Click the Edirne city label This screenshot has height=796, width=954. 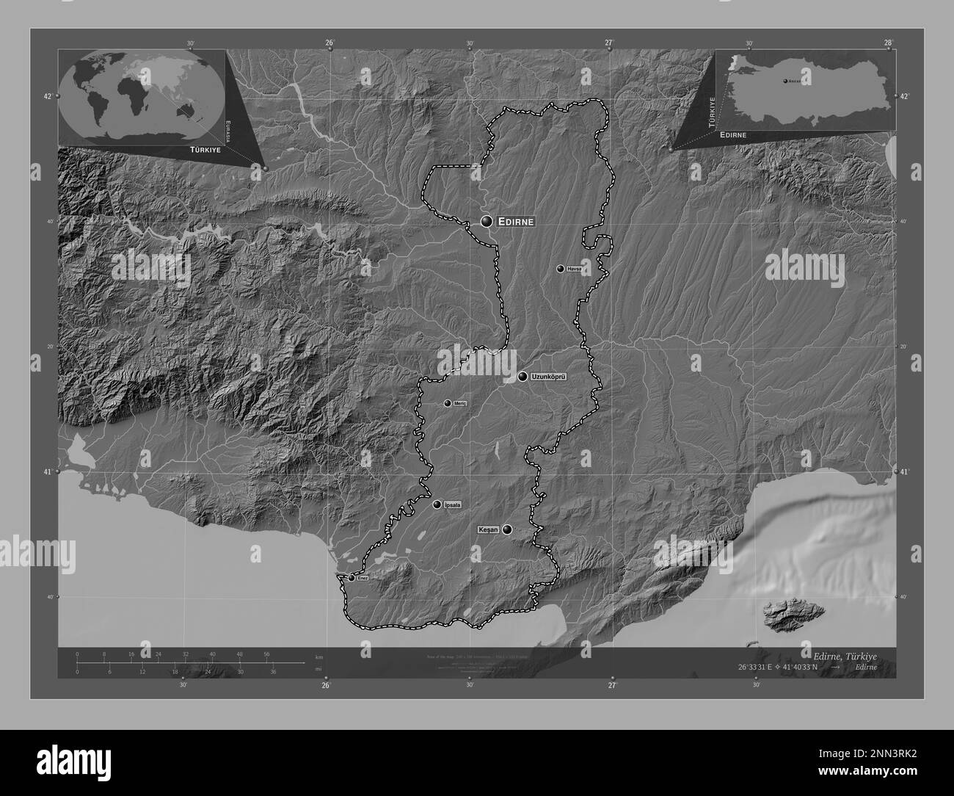517,221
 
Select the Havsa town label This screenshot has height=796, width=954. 574,269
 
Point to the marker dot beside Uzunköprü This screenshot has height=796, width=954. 522,377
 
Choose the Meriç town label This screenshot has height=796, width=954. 460,403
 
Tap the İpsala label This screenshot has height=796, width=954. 453,504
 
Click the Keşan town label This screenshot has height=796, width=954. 488,529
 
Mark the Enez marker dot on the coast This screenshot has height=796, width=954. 352,578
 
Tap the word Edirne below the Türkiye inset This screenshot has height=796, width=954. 734,135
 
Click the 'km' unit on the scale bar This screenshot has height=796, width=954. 318,656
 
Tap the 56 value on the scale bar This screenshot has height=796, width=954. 266,654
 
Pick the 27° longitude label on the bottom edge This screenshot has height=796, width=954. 612,686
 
